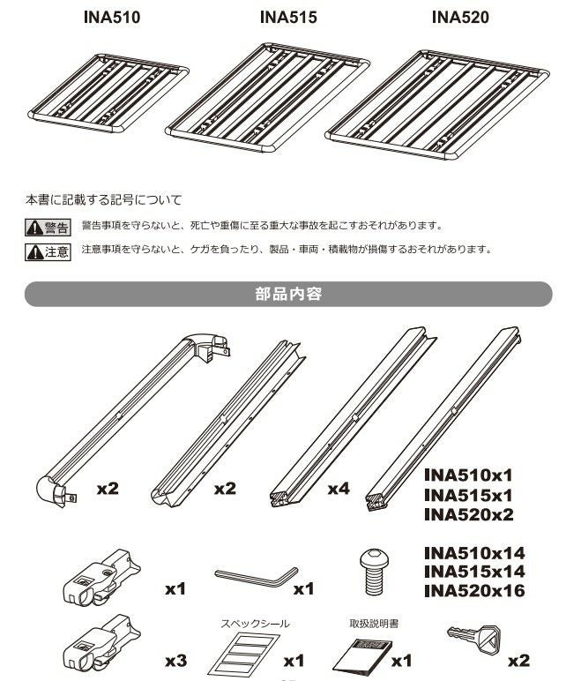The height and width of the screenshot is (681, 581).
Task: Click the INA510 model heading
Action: (x=112, y=18)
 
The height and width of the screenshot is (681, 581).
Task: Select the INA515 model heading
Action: (x=288, y=18)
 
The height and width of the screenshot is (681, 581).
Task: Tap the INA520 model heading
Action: (x=460, y=18)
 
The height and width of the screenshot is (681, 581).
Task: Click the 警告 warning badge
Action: (x=47, y=228)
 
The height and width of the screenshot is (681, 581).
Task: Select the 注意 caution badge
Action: (x=47, y=251)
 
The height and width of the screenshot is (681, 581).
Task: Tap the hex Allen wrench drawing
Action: (x=256, y=575)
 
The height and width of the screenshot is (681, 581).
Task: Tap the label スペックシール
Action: (x=254, y=624)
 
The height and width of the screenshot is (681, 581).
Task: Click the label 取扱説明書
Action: (x=374, y=624)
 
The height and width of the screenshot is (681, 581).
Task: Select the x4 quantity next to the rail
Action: (x=338, y=488)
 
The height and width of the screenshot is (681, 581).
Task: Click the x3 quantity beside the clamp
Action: (x=175, y=660)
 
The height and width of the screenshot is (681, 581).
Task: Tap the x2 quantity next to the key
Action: (x=519, y=660)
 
